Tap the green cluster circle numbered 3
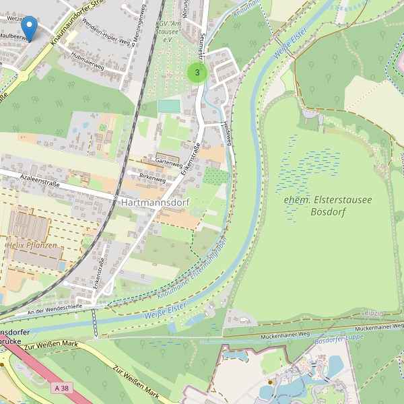197,72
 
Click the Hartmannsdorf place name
154,202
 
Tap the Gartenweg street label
169,163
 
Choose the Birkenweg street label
152,179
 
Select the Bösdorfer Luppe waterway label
340,339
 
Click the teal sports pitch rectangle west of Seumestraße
169,106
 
